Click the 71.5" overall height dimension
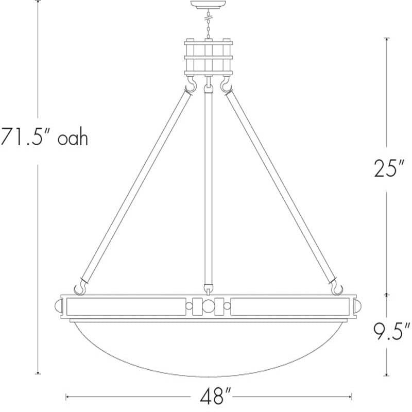(x=44, y=136)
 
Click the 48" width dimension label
(x=215, y=397)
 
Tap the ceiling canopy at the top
(x=208, y=5)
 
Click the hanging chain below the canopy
(x=209, y=24)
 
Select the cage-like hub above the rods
(x=209, y=57)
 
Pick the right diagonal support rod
(x=281, y=187)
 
